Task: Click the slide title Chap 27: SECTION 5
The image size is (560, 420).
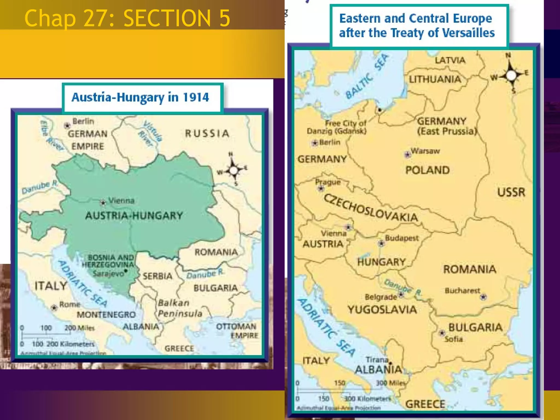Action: (x=127, y=18)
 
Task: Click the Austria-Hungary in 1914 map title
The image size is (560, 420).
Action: (x=140, y=98)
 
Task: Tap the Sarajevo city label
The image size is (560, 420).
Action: (x=109, y=273)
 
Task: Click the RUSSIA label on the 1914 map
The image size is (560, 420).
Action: (x=207, y=133)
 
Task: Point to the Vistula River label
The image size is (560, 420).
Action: (x=150, y=133)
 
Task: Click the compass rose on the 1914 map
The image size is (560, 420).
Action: (x=233, y=170)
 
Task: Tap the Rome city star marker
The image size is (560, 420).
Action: (x=54, y=308)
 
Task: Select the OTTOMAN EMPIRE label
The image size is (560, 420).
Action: (x=237, y=331)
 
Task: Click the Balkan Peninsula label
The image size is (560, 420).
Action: (x=180, y=308)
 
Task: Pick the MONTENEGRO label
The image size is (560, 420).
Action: (x=106, y=315)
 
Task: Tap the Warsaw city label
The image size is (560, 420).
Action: (x=425, y=151)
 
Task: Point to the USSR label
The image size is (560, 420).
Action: (x=511, y=192)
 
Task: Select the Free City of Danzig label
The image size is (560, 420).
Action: (x=337, y=127)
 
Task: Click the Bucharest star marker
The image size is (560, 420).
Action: (x=483, y=297)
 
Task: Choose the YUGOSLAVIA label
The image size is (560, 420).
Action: (x=382, y=310)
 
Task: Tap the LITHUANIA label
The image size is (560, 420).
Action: (x=435, y=80)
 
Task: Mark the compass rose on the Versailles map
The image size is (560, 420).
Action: (x=511, y=75)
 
